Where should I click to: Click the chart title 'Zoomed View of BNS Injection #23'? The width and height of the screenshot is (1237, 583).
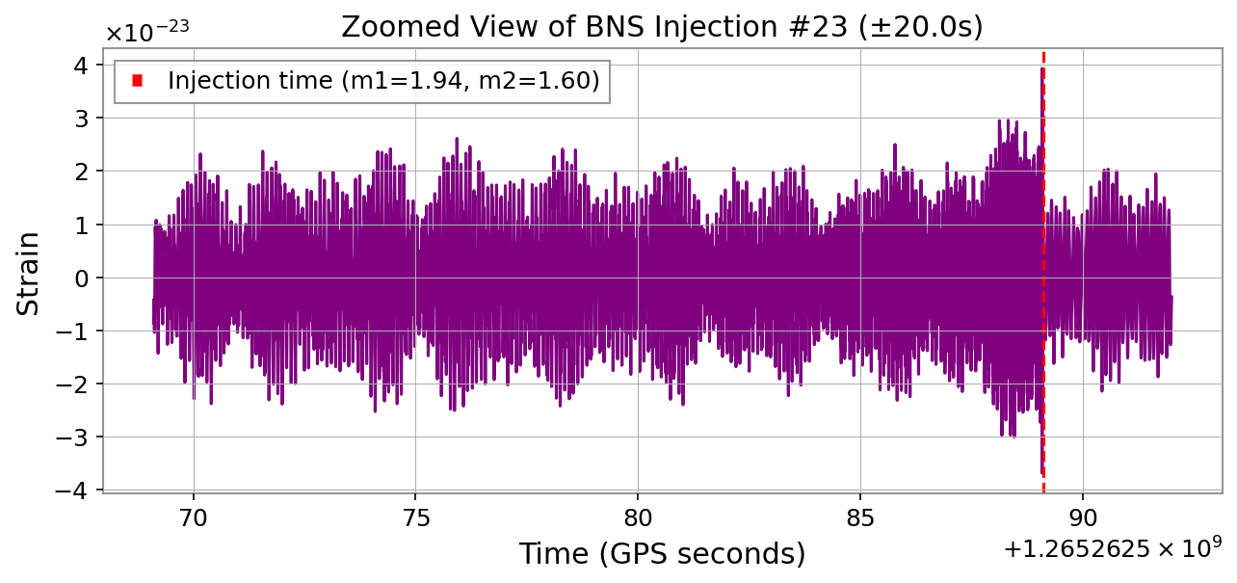point(662,27)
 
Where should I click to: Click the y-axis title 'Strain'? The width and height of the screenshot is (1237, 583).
point(30,273)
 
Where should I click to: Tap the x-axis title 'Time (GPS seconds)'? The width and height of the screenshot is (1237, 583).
point(662,554)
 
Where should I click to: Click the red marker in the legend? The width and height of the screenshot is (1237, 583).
point(137,82)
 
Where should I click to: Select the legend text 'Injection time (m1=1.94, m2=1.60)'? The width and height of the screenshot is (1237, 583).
point(383,82)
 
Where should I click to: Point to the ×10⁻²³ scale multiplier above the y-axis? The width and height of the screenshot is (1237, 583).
point(146,32)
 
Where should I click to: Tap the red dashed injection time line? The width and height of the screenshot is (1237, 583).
point(1043,289)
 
